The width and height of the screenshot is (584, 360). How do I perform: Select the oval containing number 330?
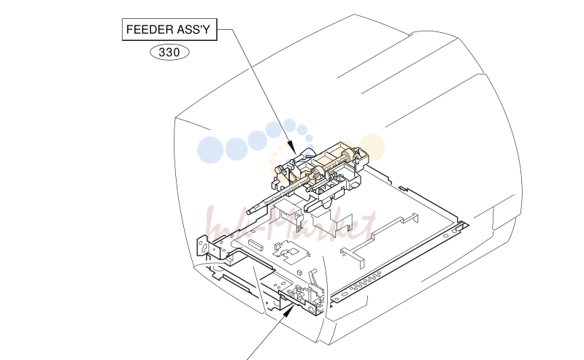click(169, 52)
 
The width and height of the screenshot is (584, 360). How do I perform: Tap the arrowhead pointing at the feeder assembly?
click(291, 148)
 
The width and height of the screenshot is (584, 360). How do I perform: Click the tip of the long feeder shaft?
click(248, 212)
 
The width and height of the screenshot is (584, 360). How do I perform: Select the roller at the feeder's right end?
click(348, 156)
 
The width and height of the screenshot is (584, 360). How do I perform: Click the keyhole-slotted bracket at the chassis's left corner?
click(202, 245)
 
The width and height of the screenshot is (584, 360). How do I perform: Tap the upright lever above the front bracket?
click(313, 277)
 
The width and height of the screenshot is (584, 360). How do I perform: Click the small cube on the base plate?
click(299, 273)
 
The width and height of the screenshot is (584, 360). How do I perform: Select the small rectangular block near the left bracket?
click(255, 245)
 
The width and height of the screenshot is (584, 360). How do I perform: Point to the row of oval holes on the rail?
click(365, 281)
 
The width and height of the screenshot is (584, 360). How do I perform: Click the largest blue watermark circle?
click(210, 150)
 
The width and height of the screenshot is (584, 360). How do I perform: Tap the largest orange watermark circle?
click(372, 148)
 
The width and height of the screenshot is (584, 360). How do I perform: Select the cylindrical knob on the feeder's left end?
click(280, 170)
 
